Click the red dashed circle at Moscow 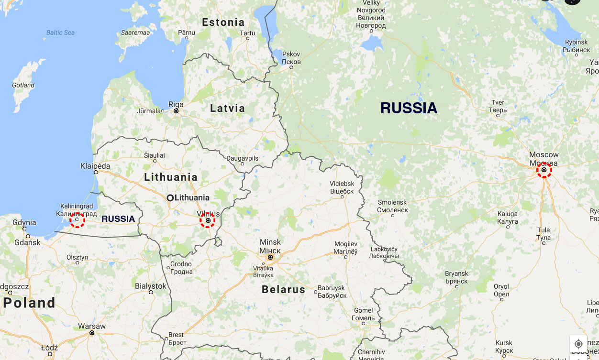[x=544, y=170]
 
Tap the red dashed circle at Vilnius [x=208, y=220]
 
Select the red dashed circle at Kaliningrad [x=77, y=220]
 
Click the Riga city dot [x=176, y=111]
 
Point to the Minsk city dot [x=270, y=257]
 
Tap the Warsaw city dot [x=92, y=333]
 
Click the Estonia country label [x=223, y=22]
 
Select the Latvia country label [x=227, y=109]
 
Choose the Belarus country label [x=283, y=289]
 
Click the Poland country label [x=29, y=303]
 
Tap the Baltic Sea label [x=60, y=33]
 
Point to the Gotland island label [x=23, y=85]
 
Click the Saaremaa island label [x=135, y=33]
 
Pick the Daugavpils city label [x=242, y=158]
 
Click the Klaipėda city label [x=95, y=166]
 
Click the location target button [x=578, y=344]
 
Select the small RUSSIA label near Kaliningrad [x=118, y=219]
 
